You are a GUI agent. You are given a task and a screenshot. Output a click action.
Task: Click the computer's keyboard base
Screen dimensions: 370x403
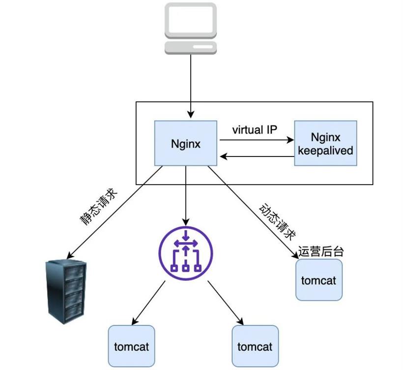(190, 47)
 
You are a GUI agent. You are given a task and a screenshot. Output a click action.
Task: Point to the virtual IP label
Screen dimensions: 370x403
(255, 130)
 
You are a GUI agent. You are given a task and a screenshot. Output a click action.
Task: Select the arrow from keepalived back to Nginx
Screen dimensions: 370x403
(256, 157)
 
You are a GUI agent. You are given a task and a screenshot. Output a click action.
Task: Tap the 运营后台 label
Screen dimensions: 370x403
(320, 251)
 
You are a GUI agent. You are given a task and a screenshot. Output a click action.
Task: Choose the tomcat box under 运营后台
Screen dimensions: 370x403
(318, 280)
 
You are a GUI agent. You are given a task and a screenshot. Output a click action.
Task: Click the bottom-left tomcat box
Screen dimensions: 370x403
(131, 346)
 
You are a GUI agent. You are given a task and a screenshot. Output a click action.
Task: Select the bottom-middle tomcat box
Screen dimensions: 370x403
(255, 346)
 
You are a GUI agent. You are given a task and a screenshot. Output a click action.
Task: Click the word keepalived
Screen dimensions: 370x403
(325, 151)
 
